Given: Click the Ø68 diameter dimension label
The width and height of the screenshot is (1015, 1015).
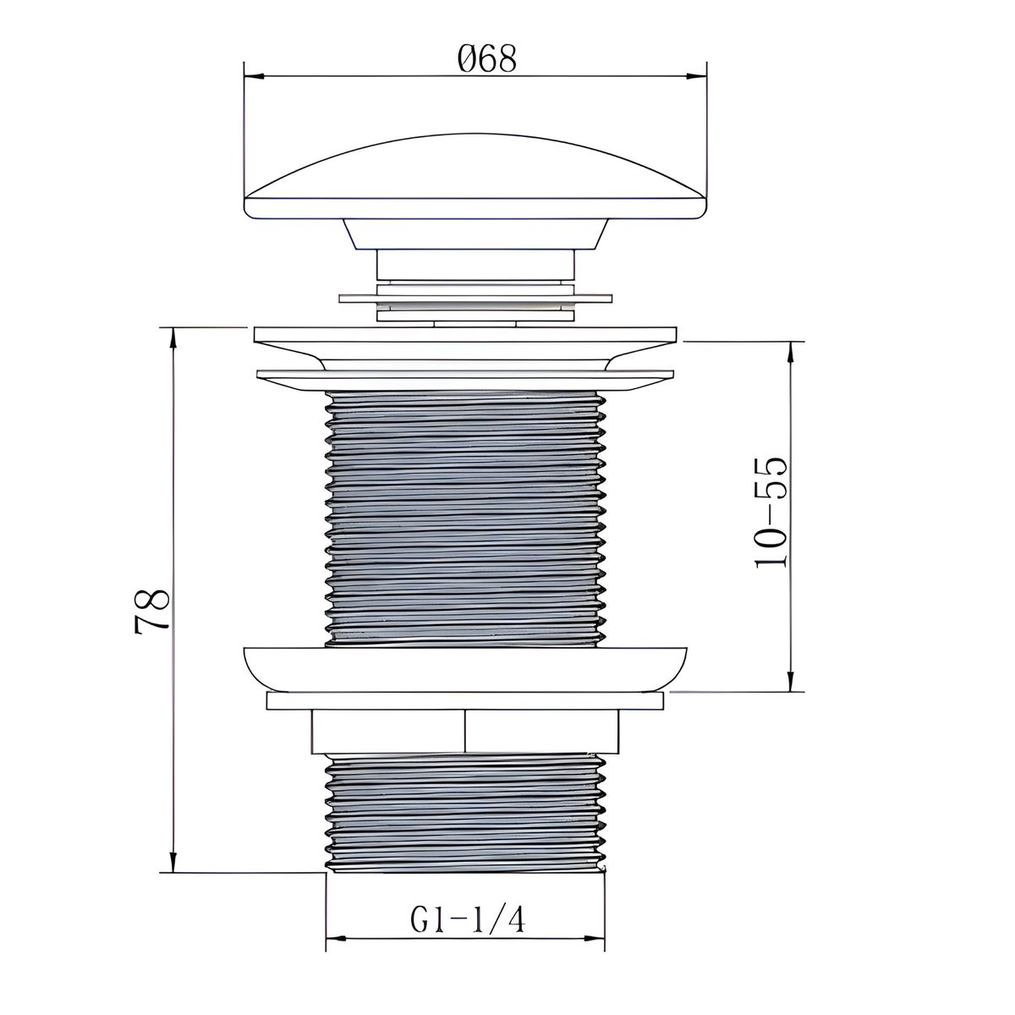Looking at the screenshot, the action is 486,58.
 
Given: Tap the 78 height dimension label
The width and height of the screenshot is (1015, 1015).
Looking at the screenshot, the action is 151,611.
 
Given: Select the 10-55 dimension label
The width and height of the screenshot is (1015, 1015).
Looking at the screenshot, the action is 771,513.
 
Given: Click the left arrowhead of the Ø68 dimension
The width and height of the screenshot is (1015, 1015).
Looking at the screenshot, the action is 254,76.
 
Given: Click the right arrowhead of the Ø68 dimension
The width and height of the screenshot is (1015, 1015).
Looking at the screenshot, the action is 696,76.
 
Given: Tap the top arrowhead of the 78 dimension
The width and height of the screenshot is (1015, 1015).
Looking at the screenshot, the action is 173,337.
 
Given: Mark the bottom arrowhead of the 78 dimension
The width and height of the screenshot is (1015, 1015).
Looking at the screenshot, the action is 173,862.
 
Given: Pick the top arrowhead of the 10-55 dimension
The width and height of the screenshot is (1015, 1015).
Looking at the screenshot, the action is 791,351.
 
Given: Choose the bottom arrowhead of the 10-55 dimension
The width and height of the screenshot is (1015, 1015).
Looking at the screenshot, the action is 791,682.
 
